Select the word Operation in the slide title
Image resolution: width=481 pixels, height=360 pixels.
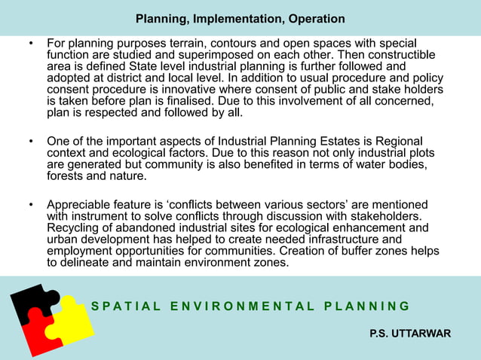pos(313,18)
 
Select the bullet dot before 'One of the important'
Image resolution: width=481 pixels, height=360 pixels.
pos(30,142)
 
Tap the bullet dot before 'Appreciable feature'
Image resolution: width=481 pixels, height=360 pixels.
pos(30,206)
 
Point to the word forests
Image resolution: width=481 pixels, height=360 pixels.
pos(67,176)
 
